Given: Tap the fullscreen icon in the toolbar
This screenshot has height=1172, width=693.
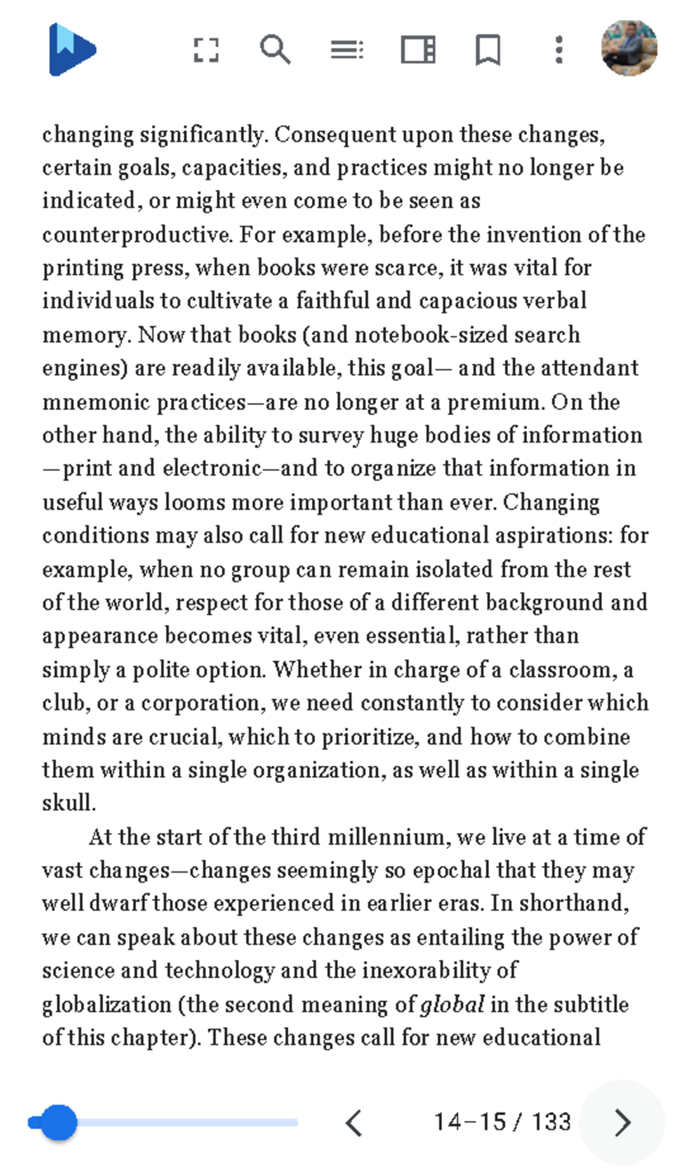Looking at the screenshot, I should click(x=206, y=50).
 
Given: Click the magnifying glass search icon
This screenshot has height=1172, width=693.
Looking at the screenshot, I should click(x=275, y=50).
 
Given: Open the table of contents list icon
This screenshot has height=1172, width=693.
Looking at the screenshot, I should click(x=346, y=50).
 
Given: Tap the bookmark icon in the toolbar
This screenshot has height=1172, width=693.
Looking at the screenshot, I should click(x=488, y=50).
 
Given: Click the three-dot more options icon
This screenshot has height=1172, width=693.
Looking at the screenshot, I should click(x=558, y=50).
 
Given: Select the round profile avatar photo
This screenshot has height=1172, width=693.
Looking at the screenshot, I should click(x=629, y=48).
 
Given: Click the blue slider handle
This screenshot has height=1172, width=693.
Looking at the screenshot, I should click(x=58, y=1122).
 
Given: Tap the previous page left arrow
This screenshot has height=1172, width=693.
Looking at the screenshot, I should click(x=353, y=1123).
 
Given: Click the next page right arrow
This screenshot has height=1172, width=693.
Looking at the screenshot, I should click(x=622, y=1123).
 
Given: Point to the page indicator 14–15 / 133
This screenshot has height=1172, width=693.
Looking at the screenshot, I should click(x=502, y=1122).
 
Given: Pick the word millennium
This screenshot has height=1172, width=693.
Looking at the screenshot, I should click(x=389, y=837).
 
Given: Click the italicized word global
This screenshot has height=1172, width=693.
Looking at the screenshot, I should click(x=452, y=1005).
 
